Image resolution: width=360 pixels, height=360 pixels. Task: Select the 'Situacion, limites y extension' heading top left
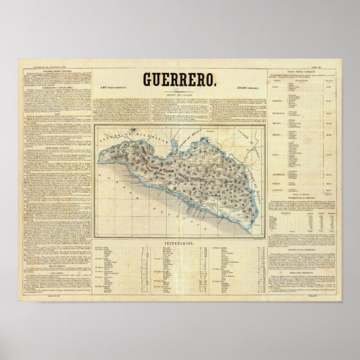pos(55,71)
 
